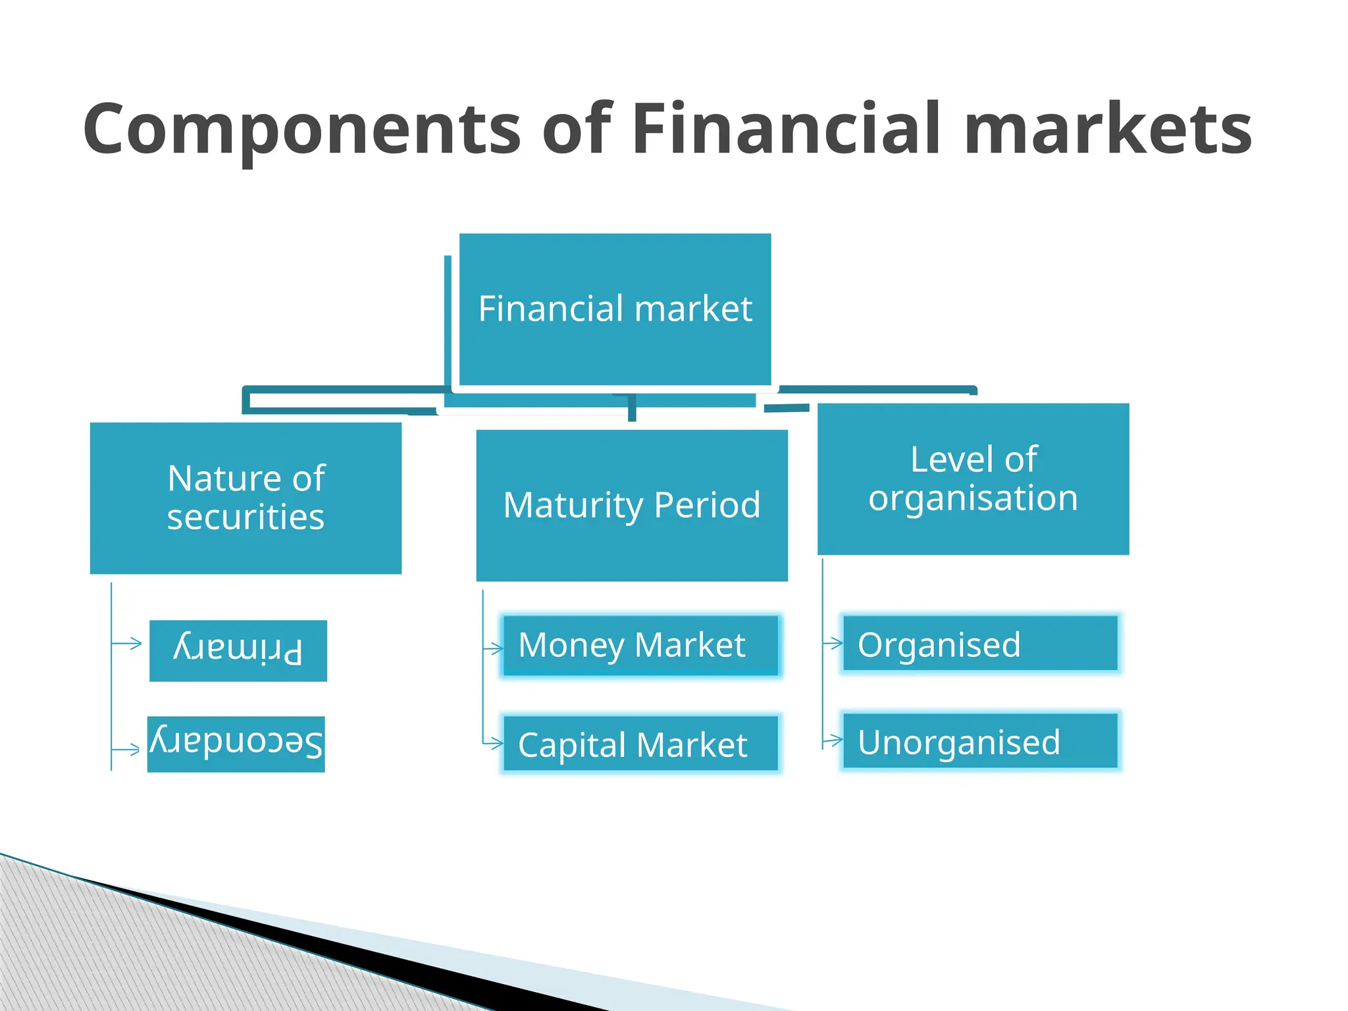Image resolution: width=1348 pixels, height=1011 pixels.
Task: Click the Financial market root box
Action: point(615,309)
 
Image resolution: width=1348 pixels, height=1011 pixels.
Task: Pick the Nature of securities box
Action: point(246,498)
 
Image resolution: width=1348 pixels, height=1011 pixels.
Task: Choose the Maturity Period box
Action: point(632,505)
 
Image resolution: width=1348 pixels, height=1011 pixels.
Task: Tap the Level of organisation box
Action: point(973,479)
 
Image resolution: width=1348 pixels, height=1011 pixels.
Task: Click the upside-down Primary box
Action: point(238,650)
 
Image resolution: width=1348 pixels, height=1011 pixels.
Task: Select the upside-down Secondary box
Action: point(236,744)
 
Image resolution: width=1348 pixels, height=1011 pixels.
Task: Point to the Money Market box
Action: point(640,645)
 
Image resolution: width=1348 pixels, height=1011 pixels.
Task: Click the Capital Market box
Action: point(640,744)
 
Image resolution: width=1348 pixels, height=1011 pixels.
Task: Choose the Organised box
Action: point(980,644)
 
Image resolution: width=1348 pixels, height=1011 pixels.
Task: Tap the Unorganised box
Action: point(980,741)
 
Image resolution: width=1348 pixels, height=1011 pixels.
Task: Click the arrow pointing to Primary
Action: point(128,643)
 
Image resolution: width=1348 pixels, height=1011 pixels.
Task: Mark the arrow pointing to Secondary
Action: point(126,748)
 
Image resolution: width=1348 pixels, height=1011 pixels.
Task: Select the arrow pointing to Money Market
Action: point(494,649)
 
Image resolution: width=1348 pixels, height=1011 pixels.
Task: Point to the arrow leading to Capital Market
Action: point(494,743)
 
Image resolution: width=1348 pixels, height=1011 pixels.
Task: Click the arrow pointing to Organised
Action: point(833,643)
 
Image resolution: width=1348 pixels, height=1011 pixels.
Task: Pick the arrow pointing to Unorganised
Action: point(833,740)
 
